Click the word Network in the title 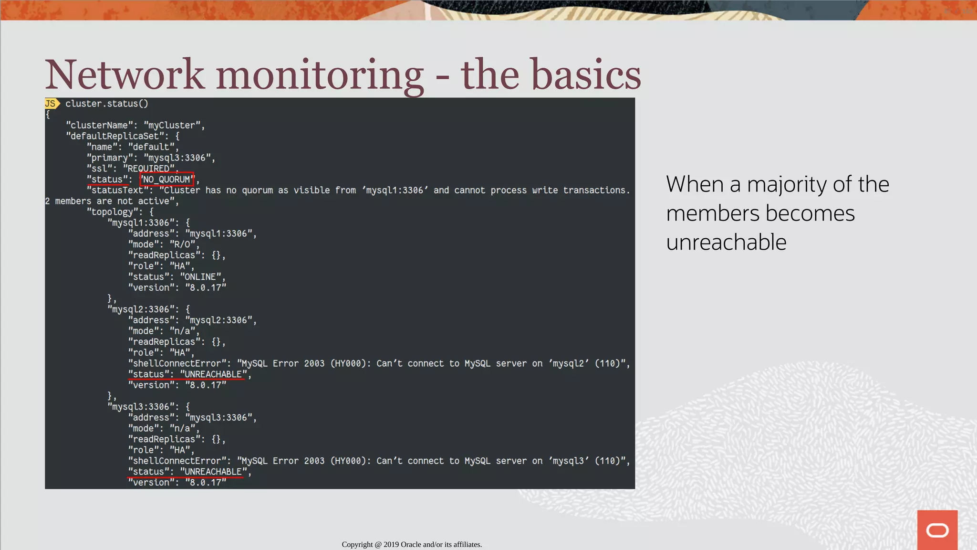coord(125,75)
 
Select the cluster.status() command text coord(107,104)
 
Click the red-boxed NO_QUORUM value coord(166,180)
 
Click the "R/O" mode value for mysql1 coord(183,244)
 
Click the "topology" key coord(112,212)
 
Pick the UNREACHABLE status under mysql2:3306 coord(213,374)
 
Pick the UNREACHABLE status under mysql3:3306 coord(213,472)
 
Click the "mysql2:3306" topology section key coord(140,309)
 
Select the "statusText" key coord(117,190)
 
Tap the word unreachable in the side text coord(726,242)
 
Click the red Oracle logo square coord(937,529)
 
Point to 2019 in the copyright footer coord(391,544)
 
